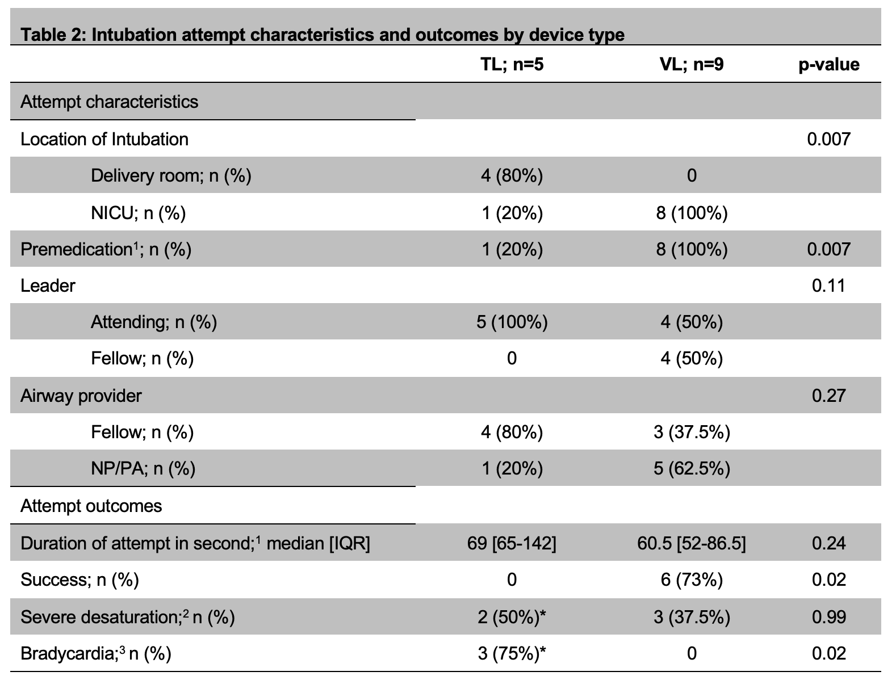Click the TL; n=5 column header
(512, 65)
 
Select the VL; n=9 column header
(692, 65)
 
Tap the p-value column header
(828, 65)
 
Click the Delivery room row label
(171, 176)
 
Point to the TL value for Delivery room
(512, 176)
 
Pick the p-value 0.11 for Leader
(828, 286)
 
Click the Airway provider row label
(81, 396)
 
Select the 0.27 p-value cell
(828, 396)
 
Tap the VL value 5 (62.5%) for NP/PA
(692, 468)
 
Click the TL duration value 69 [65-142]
(512, 543)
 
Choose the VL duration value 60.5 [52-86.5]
(692, 543)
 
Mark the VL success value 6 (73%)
(692, 580)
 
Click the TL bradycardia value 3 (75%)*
(512, 653)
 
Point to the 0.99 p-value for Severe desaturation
(828, 617)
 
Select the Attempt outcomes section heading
(91, 506)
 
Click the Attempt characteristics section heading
(109, 102)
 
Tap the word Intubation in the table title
(133, 35)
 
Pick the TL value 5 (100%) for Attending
(512, 322)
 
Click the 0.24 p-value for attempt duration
(828, 543)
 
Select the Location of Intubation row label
(104, 140)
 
